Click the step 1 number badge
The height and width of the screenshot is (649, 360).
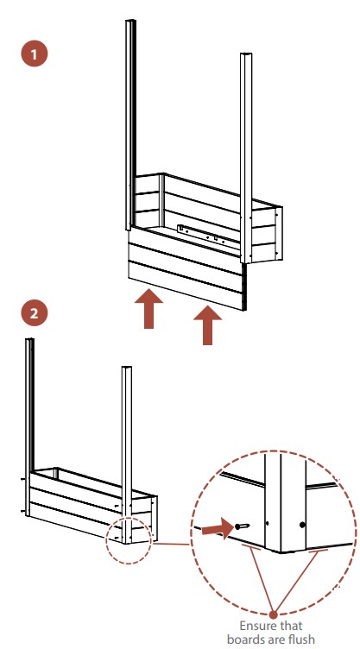point(35,54)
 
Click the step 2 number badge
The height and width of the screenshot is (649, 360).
point(35,313)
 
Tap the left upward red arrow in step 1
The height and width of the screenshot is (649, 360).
point(148,309)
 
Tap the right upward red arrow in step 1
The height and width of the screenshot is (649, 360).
point(207,324)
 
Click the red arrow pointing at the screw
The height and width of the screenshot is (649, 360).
point(217,528)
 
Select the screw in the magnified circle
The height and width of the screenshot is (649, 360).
point(243,526)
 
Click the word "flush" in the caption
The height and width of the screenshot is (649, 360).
point(302,639)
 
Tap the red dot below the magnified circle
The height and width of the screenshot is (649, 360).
point(273,614)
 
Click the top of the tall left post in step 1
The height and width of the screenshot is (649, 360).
point(131,21)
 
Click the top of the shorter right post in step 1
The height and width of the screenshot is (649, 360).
point(246,55)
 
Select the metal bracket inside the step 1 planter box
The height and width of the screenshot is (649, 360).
point(208,236)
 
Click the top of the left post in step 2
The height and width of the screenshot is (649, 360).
point(29,340)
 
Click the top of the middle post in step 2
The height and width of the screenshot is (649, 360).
point(126,368)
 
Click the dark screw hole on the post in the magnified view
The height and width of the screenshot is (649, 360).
point(302,525)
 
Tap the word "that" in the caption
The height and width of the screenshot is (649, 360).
point(289,625)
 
